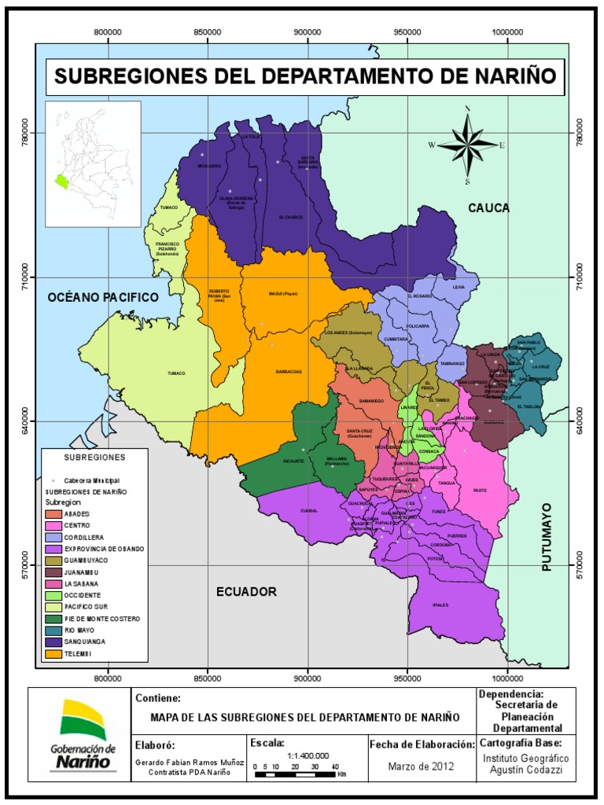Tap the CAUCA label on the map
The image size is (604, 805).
pyautogui.click(x=488, y=208)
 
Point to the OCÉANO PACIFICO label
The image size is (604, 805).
pyautogui.click(x=102, y=297)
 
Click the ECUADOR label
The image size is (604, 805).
pyautogui.click(x=246, y=591)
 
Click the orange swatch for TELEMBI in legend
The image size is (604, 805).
pyautogui.click(x=56, y=653)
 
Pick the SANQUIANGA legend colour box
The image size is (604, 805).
pyautogui.click(x=56, y=641)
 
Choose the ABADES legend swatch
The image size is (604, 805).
pyautogui.click(x=56, y=513)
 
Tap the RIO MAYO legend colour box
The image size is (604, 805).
pyautogui.click(x=56, y=630)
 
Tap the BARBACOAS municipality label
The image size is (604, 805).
pyautogui.click(x=289, y=372)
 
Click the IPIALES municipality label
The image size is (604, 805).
pyautogui.click(x=440, y=605)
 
